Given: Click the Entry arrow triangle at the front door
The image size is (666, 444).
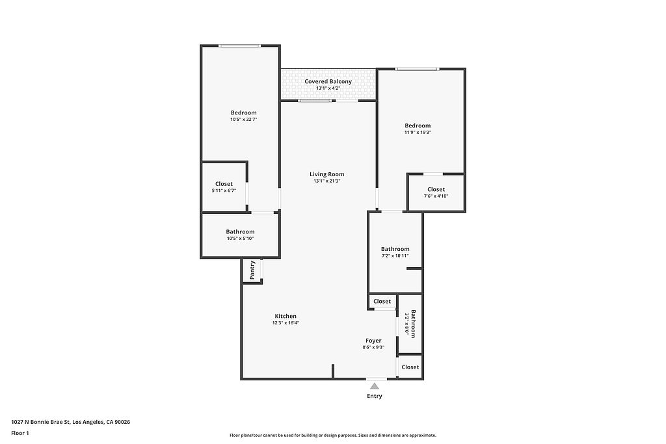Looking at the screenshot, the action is pos(374,386).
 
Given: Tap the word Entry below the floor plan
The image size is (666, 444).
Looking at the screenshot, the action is pos(374,396).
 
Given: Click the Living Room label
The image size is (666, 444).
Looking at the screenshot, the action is pos(327,174).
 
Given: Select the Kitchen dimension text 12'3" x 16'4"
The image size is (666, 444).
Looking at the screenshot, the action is pos(286,322).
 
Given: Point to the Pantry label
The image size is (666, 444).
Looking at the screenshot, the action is pos(252,270).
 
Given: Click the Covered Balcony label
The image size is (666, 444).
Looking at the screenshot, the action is pos(328,81).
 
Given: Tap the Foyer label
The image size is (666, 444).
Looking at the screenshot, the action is pos(373,341).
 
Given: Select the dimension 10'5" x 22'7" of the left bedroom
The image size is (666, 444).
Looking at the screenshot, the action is pos(244,120).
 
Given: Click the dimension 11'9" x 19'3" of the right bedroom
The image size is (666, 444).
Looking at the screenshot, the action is pos(418,133).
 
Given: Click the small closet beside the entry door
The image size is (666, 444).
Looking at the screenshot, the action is pos(410,367).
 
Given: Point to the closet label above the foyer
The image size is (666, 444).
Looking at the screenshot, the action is pos(382,302).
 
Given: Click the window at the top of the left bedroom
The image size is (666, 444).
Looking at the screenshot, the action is pos(240,46).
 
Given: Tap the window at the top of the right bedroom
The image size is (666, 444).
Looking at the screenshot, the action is pos(417,69).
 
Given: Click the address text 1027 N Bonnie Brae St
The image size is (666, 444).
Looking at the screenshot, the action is pos(40,422).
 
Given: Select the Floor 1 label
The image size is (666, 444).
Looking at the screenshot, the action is pos(20,433).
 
